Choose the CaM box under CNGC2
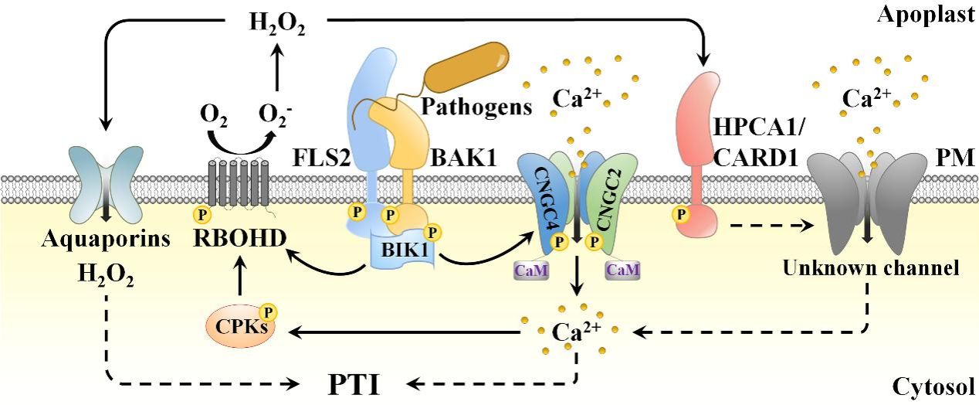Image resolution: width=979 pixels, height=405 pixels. tap(621, 270)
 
